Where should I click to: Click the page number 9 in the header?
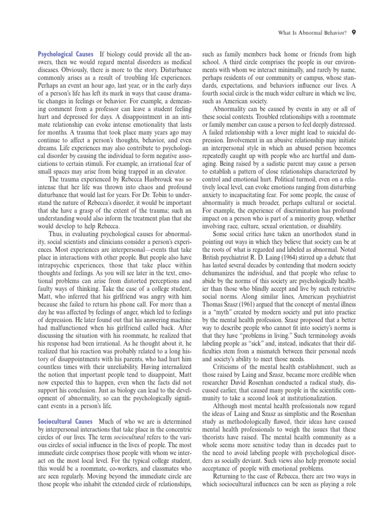(x=354, y=33)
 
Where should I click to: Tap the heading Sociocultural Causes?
(x=65, y=422)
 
